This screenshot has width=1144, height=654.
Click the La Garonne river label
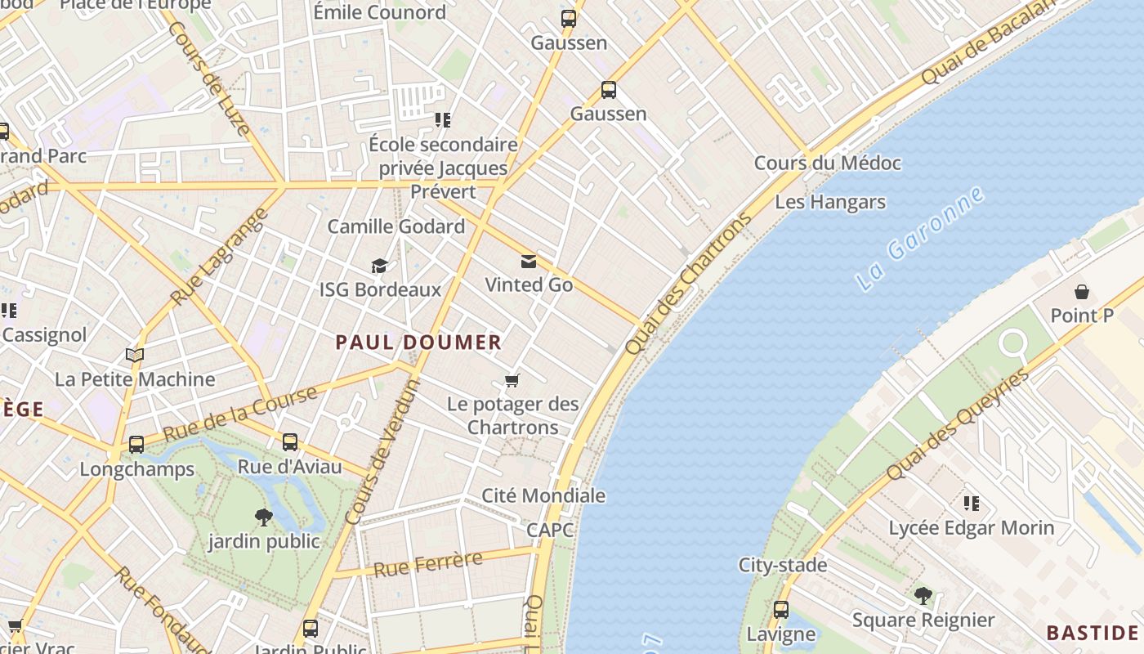pyautogui.click(x=918, y=240)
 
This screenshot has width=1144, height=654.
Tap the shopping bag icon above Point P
pyautogui.click(x=1082, y=292)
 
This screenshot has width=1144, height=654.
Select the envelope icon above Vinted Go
pyautogui.click(x=529, y=262)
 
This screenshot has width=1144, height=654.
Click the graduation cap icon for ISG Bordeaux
pyautogui.click(x=379, y=267)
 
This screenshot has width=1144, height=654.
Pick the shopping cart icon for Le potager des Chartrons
pyautogui.click(x=512, y=380)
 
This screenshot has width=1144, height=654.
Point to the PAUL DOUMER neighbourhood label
pyautogui.click(x=418, y=343)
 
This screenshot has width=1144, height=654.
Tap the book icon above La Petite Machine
pyautogui.click(x=135, y=356)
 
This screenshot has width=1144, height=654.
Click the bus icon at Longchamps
pyautogui.click(x=136, y=445)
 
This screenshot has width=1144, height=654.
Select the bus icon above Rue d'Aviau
pyautogui.click(x=290, y=442)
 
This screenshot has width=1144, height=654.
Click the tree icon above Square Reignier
pyautogui.click(x=923, y=596)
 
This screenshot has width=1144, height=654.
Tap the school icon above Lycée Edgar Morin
pyautogui.click(x=971, y=503)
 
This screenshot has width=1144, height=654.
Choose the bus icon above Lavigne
pyautogui.click(x=781, y=610)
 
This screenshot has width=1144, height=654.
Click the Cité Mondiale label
pyautogui.click(x=543, y=495)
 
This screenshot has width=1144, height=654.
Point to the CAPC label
pyautogui.click(x=550, y=530)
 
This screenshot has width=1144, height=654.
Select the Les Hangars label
pyautogui.click(x=830, y=202)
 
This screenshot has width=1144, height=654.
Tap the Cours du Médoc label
pyautogui.click(x=827, y=163)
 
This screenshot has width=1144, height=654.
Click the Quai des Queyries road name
pyautogui.click(x=957, y=425)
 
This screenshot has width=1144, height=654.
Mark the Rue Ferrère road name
pyautogui.click(x=427, y=564)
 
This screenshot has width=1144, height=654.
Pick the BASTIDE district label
pyautogui.click(x=1092, y=633)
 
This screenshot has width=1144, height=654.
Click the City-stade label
pyautogui.click(x=783, y=565)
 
